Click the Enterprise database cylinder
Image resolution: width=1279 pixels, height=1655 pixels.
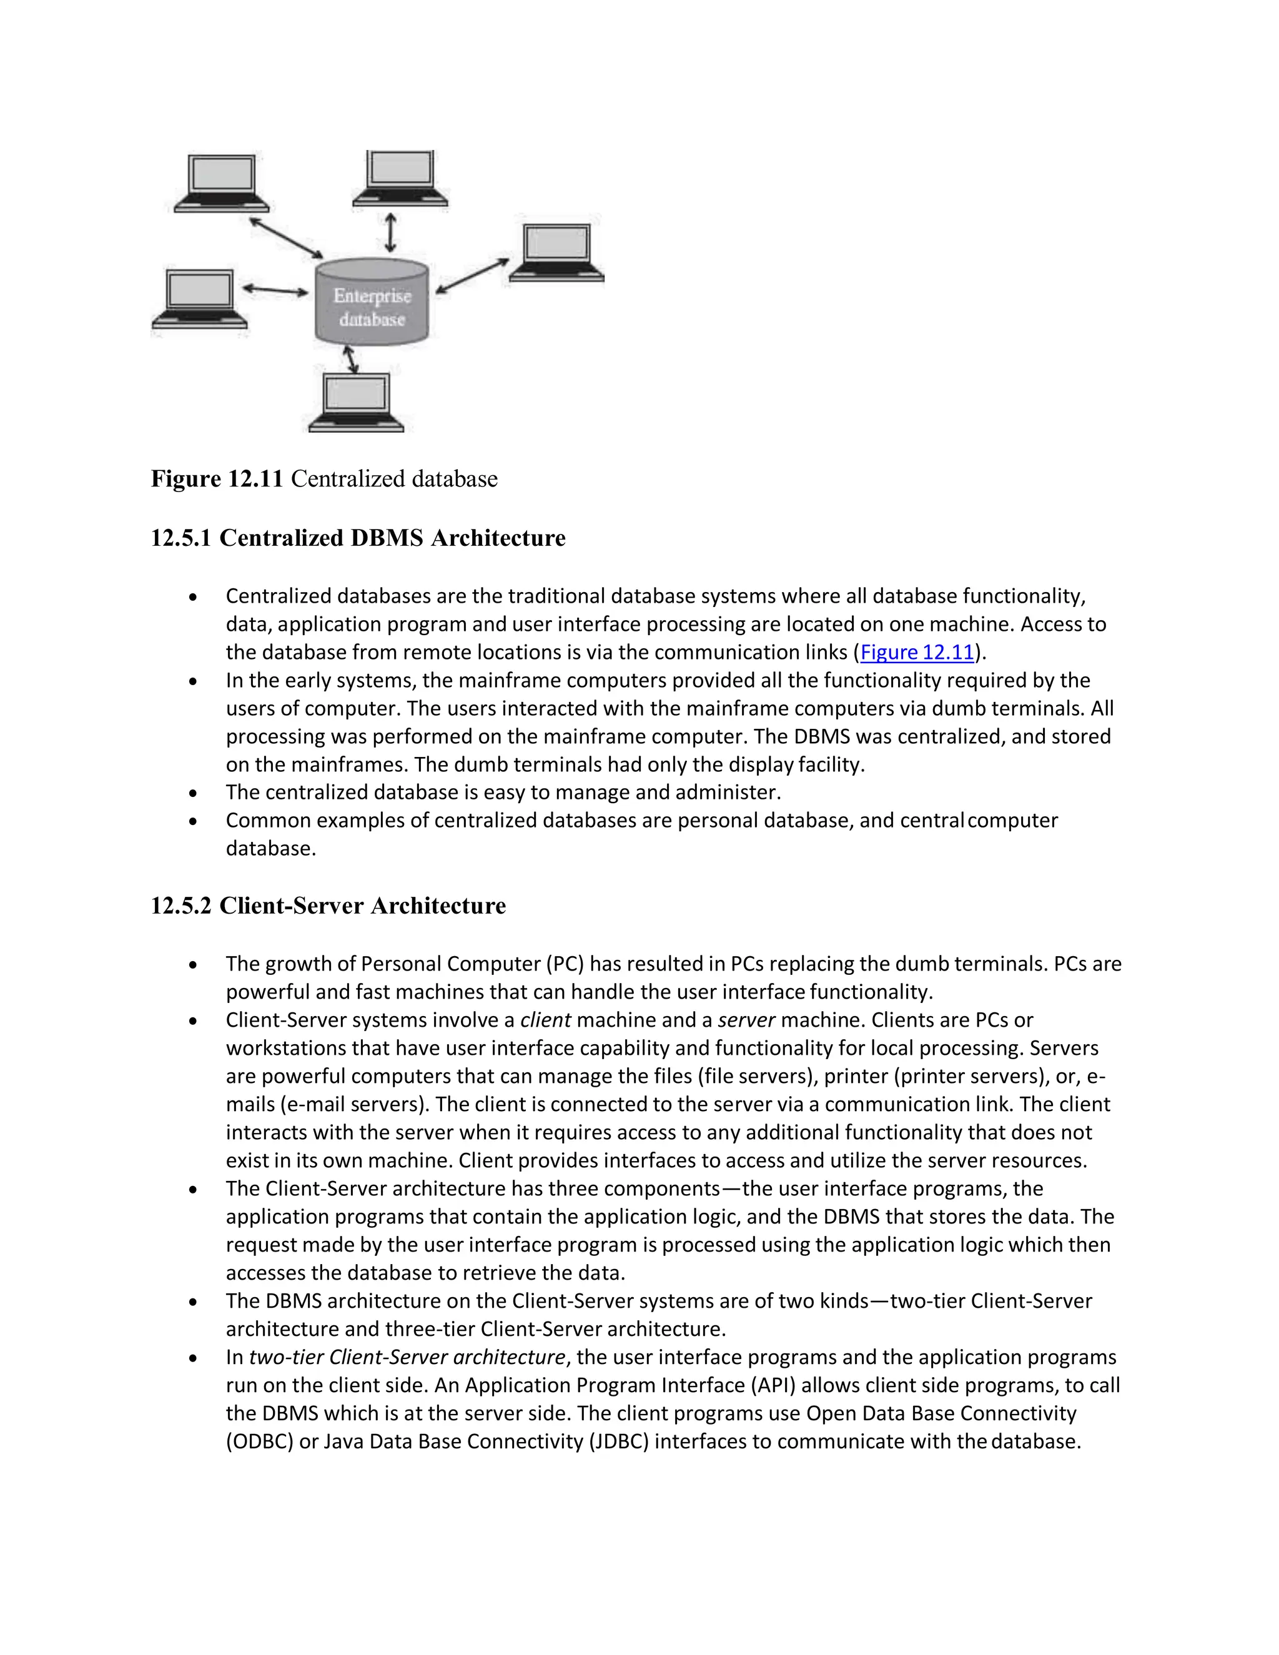[372, 303]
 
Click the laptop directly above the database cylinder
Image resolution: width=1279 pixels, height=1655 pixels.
[400, 178]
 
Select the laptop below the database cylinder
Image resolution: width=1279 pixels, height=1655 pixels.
[356, 402]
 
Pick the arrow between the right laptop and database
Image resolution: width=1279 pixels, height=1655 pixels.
[472, 275]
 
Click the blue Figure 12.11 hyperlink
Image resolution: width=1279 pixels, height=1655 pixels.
[917, 653]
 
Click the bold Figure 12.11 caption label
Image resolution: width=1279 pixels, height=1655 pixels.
[217, 479]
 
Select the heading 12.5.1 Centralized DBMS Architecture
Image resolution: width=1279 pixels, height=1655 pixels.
[358, 538]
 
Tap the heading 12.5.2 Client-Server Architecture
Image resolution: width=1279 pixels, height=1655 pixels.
[328, 906]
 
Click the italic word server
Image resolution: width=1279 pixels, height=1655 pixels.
[746, 1020]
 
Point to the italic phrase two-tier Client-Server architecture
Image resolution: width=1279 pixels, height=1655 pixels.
[407, 1357]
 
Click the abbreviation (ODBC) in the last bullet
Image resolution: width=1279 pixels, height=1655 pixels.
[259, 1441]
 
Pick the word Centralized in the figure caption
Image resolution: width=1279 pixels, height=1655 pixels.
[340, 479]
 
